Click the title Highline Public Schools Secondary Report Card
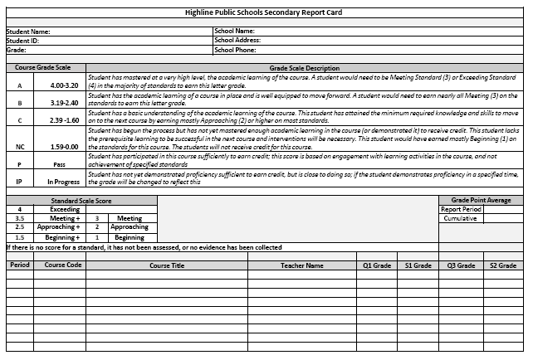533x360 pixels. click(266, 13)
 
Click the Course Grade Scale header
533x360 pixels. click(42, 68)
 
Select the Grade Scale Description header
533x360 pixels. click(305, 68)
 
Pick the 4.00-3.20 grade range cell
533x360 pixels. click(64, 85)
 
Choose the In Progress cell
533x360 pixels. click(64, 180)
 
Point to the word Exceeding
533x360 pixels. click(64, 209)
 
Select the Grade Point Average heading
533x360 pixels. click(480, 201)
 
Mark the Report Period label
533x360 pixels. click(461, 209)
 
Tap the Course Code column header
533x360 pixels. click(63, 265)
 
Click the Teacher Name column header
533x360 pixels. click(302, 265)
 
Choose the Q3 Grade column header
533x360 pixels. click(461, 265)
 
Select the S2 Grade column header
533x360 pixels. click(503, 265)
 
